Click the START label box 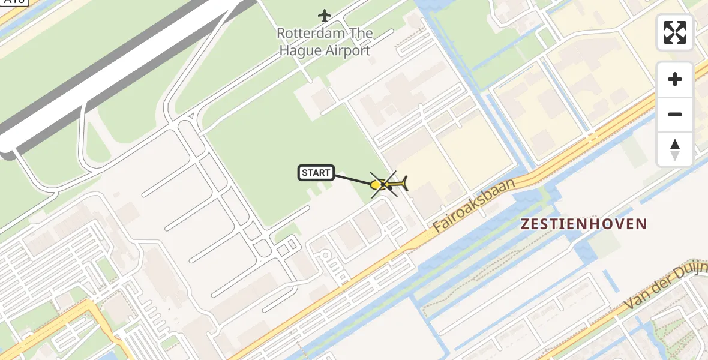316,173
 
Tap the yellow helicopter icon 389,184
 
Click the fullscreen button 675,32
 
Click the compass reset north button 675,149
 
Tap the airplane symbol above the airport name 325,15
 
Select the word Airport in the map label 348,51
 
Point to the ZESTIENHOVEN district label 584,224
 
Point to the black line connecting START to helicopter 353,179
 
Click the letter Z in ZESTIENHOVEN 526,224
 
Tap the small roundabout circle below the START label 325,255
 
